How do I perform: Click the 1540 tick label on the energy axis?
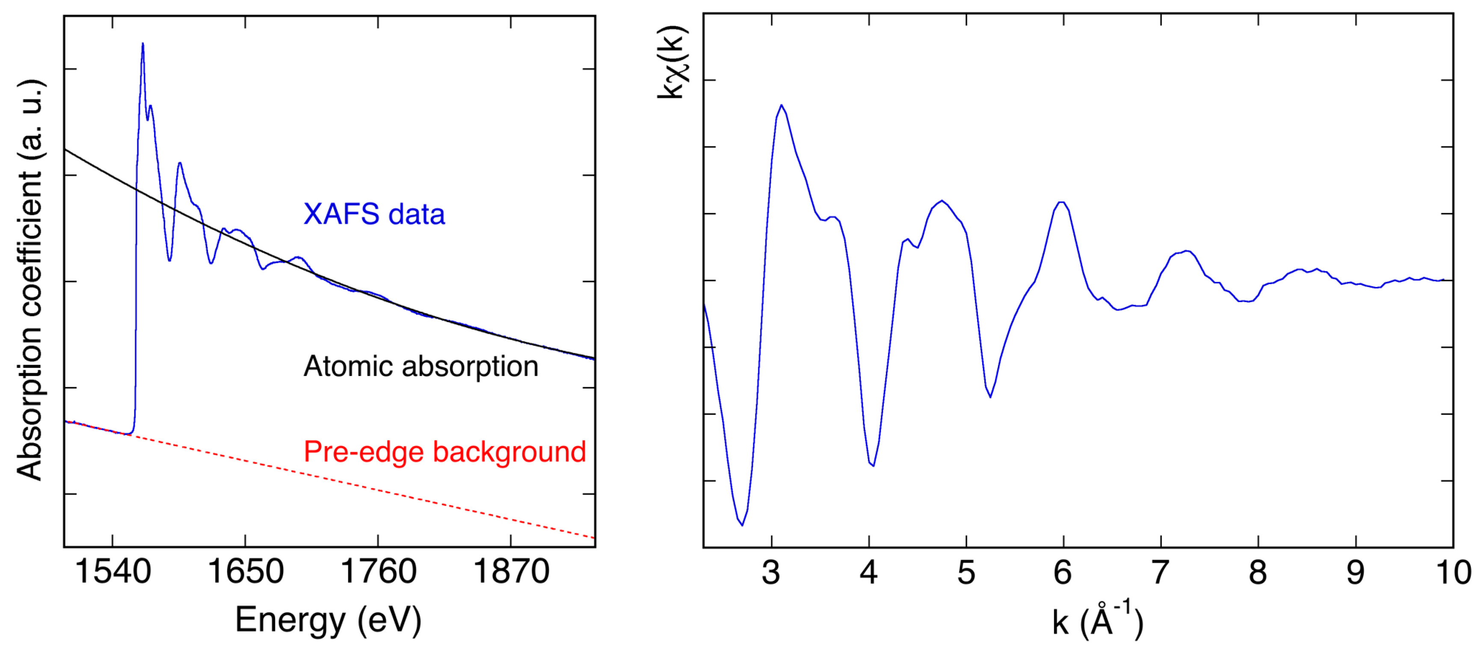(113, 572)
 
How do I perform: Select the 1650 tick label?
(245, 572)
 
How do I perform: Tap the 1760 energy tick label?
(378, 572)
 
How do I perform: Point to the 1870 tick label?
(511, 572)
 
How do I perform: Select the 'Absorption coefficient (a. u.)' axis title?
(30, 280)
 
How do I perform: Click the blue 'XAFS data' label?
(374, 214)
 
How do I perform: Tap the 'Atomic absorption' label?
(421, 366)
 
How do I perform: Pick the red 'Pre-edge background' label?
(444, 452)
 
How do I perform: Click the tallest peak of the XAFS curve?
(142, 44)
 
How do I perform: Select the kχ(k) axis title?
(672, 62)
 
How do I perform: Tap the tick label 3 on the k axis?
(771, 572)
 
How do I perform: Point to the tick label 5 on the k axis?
(966, 572)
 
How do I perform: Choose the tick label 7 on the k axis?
(1160, 572)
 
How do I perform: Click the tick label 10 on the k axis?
(1453, 572)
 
